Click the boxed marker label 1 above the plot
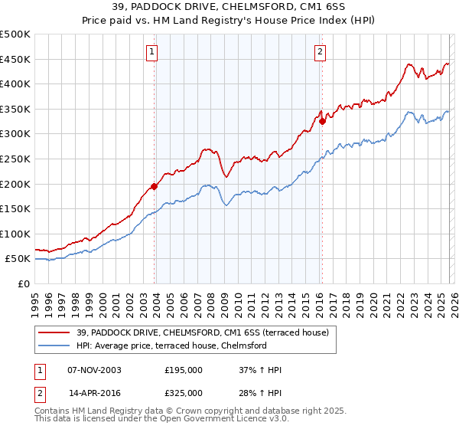(x=153, y=52)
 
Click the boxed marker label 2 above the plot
(x=319, y=52)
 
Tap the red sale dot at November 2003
(x=155, y=185)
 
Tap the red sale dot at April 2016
(x=322, y=121)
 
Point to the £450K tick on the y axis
(x=15, y=59)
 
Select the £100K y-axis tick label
(x=15, y=234)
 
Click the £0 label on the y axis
(x=23, y=283)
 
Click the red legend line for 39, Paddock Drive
(x=54, y=332)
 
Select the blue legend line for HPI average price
(x=54, y=345)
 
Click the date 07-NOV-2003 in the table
(x=94, y=370)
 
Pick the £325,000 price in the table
(x=184, y=392)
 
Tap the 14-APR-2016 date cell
(x=94, y=392)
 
